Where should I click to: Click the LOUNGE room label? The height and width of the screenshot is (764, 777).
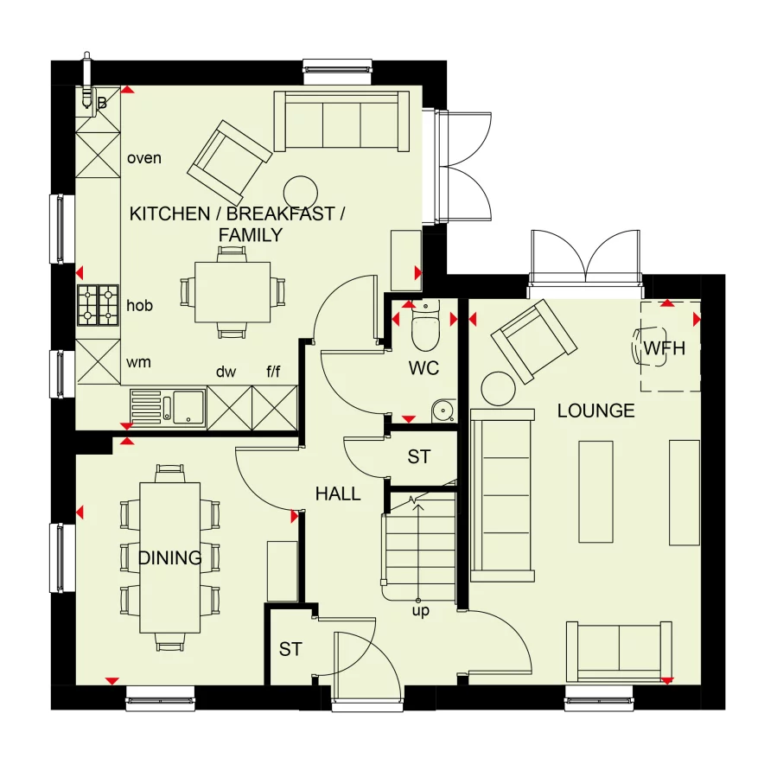(595, 411)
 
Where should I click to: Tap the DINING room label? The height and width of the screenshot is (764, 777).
(169, 558)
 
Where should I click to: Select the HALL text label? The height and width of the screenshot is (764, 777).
(337, 494)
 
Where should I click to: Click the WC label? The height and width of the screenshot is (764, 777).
(424, 368)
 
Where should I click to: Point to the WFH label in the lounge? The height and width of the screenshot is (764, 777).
(664, 349)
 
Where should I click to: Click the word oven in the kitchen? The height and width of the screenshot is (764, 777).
(144, 158)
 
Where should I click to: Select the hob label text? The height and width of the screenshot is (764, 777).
(140, 305)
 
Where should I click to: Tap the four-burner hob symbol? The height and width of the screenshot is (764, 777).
(99, 305)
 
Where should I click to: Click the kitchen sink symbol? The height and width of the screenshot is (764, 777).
(169, 407)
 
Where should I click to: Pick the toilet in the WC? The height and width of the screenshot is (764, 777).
(425, 326)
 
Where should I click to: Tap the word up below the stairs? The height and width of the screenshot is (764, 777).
(421, 610)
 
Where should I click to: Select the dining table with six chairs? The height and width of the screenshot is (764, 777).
(169, 557)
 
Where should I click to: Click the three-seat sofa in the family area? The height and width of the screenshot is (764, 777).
(341, 120)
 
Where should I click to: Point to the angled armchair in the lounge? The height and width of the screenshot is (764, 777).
(533, 340)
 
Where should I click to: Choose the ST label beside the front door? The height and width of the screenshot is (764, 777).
(290, 649)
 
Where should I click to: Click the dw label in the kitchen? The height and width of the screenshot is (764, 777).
(226, 372)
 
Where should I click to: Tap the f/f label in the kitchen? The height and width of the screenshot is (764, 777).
(273, 372)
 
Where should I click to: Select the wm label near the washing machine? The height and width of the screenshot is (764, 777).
(138, 362)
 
